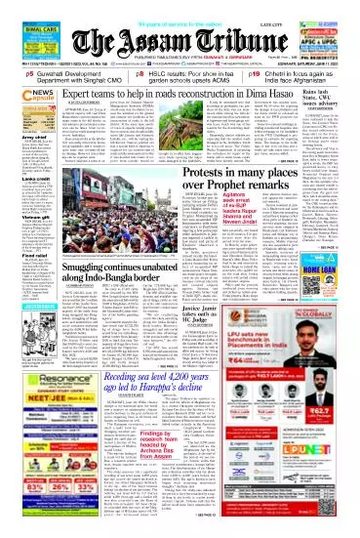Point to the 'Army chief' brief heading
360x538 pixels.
20,167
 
